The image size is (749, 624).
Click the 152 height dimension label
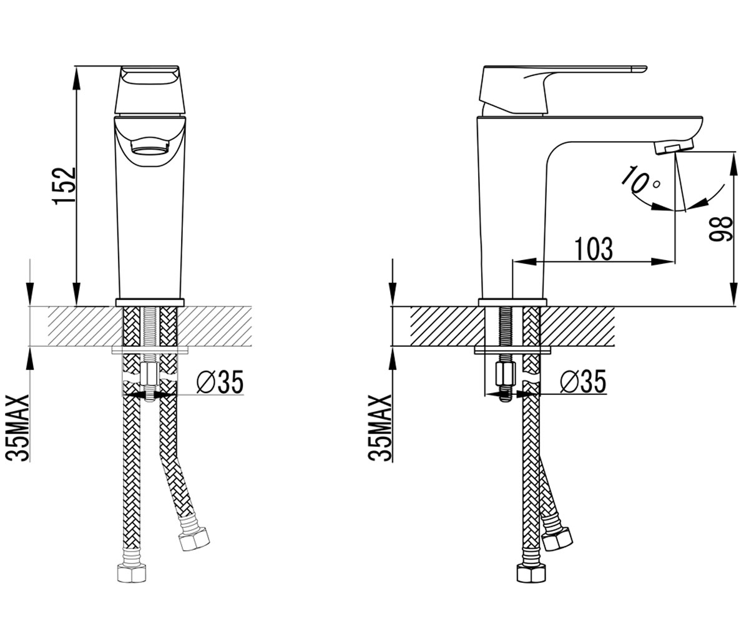point(64,186)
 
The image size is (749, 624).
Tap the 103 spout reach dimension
point(594,248)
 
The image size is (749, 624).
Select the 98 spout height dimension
point(720,229)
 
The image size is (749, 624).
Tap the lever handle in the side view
point(552,90)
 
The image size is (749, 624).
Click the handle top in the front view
point(150,90)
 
